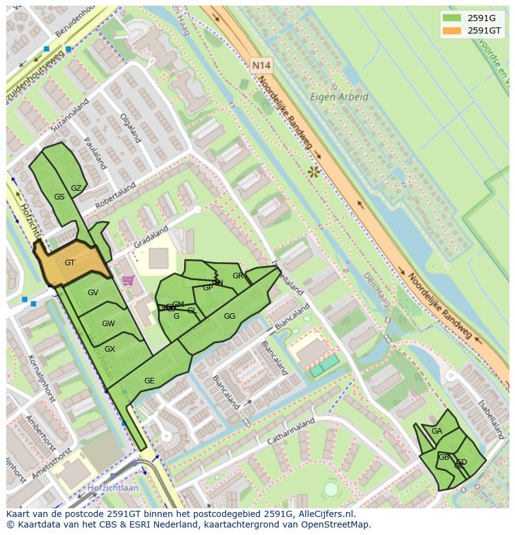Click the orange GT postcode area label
(x=70, y=263)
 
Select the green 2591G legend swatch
(x=452, y=17)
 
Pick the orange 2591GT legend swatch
(x=452, y=30)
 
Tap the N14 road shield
(x=262, y=65)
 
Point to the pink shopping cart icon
(x=128, y=281)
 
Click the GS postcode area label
(x=59, y=197)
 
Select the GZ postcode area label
(x=76, y=188)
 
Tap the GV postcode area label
(x=93, y=293)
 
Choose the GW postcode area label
(x=108, y=324)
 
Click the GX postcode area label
(x=109, y=349)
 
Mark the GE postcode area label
(x=149, y=381)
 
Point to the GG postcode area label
(x=230, y=316)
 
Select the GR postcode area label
(x=238, y=276)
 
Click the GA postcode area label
(x=437, y=431)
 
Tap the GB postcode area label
(x=443, y=457)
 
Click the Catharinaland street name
(x=291, y=431)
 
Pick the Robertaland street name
(x=115, y=196)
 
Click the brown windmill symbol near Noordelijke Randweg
(x=313, y=171)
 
